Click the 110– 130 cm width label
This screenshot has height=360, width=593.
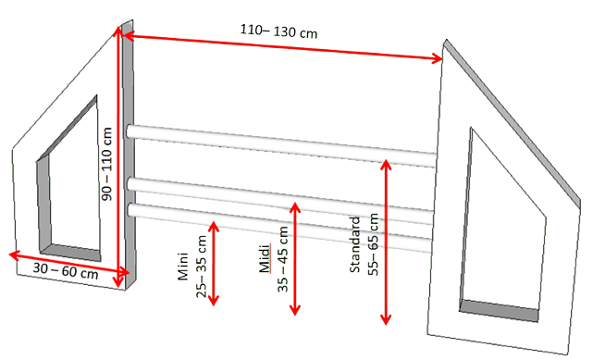point(278,31)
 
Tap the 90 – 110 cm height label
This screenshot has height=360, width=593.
point(107,164)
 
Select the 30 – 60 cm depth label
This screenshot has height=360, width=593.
point(66,270)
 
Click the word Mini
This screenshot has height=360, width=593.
point(183,267)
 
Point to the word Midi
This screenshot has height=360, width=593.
point(265,258)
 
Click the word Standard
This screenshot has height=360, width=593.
point(354,244)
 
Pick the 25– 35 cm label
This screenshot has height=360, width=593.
point(201,267)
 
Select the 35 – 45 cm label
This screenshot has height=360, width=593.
point(283,259)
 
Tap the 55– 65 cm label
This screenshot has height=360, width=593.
point(373,244)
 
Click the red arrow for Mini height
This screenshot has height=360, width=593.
point(214,264)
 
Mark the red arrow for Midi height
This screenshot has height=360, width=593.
point(294,258)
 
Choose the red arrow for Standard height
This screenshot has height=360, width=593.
point(386,242)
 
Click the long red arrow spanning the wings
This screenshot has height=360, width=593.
point(283,47)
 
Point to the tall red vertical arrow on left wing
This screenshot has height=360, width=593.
point(118,156)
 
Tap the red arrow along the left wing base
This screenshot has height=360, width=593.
point(69,263)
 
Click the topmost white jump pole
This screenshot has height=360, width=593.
point(281,146)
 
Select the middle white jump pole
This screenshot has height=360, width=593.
point(280,201)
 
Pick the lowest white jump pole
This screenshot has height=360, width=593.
point(279,228)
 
